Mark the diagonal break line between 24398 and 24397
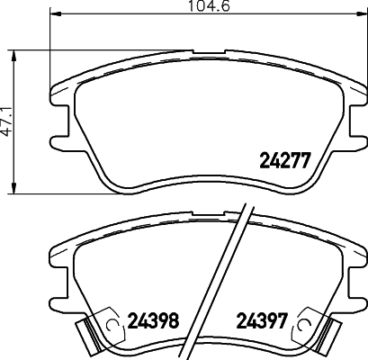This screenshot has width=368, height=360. (x=231, y=279)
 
